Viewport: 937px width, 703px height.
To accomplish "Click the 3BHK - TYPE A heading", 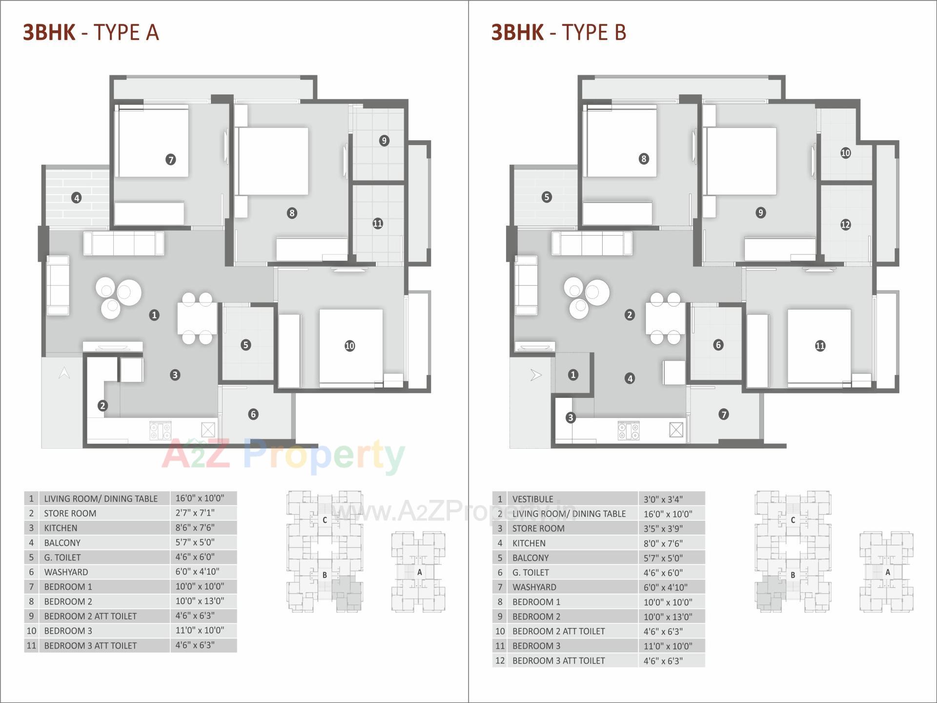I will (x=91, y=32).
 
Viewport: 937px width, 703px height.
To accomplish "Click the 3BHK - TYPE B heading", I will (x=559, y=32).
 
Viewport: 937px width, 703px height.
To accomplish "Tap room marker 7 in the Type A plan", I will (x=170, y=159).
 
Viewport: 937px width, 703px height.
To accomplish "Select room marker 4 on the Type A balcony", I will (x=76, y=198).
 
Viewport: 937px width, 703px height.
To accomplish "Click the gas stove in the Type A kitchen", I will (x=161, y=431).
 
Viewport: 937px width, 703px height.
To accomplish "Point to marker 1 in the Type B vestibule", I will (x=573, y=374).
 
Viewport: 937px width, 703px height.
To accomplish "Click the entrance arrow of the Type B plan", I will (x=536, y=375).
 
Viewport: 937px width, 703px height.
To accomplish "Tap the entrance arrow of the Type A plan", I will (x=64, y=373).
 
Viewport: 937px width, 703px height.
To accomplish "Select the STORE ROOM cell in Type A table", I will (x=70, y=513).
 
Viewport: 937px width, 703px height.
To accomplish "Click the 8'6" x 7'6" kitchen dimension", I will (x=195, y=528).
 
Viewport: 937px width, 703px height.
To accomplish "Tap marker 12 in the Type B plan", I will (x=845, y=225).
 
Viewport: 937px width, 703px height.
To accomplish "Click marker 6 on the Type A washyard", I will (x=253, y=414).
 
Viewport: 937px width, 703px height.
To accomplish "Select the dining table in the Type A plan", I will (x=197, y=317).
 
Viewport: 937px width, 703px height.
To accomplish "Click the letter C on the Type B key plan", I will (x=793, y=520).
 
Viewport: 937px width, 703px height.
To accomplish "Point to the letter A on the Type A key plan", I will (x=419, y=572).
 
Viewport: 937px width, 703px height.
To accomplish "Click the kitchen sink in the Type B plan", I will (x=676, y=430).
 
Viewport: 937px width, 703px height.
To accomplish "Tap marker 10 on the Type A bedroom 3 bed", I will (x=349, y=346).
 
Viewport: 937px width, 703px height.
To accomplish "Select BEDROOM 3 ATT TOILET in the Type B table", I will (x=558, y=661).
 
